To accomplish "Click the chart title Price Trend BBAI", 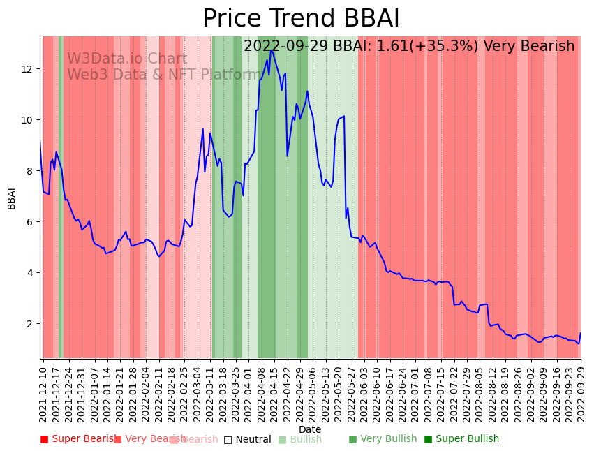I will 301,19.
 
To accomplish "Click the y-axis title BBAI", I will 12,198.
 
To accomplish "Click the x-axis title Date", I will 310,429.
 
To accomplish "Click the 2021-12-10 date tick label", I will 43,394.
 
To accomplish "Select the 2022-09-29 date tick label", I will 580,394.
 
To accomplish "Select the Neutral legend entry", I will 247,439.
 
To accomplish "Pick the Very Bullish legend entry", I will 383,439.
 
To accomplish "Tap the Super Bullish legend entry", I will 461,439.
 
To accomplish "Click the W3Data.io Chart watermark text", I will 126,59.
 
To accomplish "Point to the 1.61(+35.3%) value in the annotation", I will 428,47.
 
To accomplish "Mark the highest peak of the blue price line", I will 271,50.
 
